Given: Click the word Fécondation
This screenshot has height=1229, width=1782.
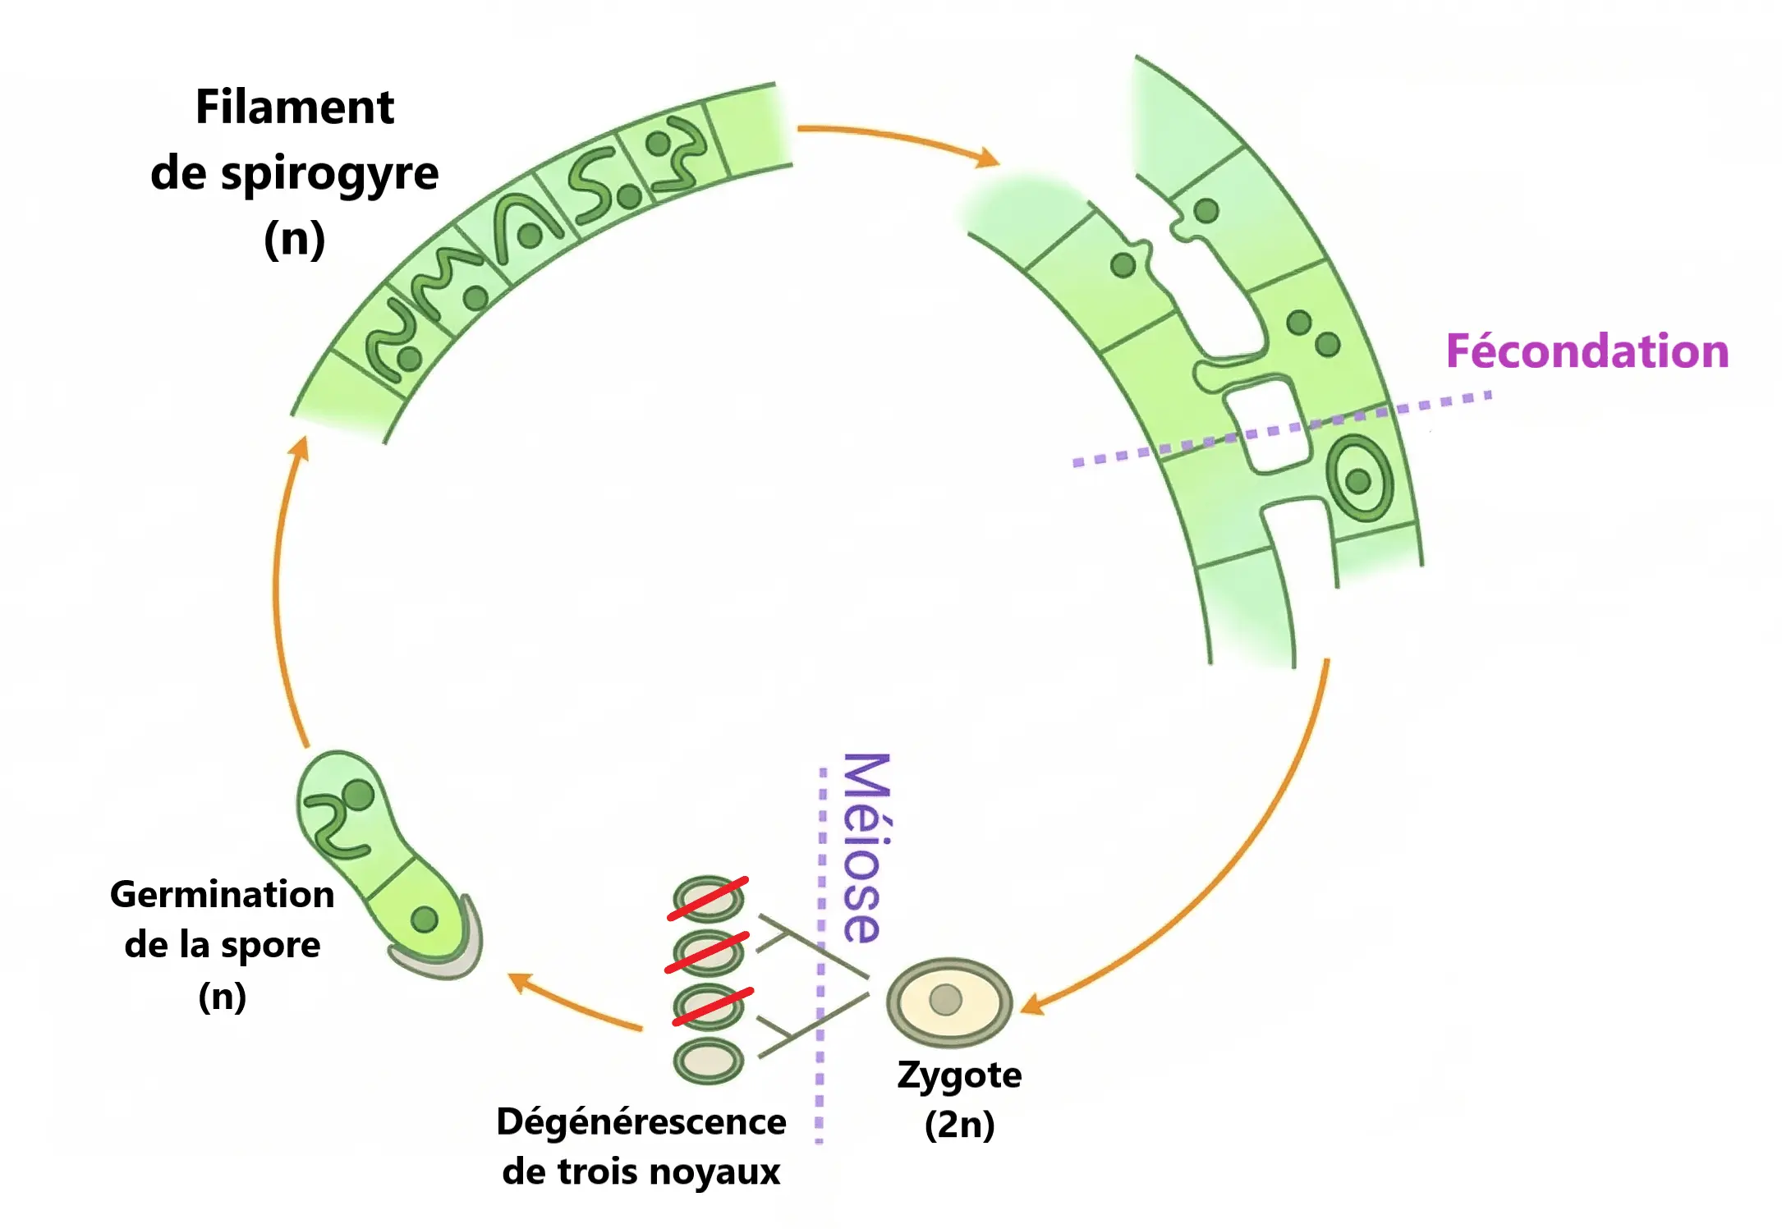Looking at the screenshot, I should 1587,351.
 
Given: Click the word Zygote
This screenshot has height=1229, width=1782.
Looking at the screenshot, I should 959,1075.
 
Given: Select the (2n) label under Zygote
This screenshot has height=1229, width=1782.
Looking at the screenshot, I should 959,1124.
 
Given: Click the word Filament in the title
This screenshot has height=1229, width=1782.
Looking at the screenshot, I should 294,108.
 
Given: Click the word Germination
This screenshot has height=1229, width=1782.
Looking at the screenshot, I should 222,894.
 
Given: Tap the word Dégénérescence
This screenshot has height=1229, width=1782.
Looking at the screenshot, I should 641,1121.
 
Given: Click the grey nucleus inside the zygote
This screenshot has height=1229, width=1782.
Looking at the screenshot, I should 945,999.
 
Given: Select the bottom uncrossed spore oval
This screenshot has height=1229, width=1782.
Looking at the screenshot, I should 708,1061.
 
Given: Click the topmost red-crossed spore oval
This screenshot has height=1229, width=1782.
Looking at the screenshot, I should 708,899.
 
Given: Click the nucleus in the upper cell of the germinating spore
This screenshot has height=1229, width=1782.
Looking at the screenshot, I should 358,794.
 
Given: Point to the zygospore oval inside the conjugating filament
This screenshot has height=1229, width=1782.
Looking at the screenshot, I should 1360,479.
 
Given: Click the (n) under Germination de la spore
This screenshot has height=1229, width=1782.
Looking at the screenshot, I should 222,996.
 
